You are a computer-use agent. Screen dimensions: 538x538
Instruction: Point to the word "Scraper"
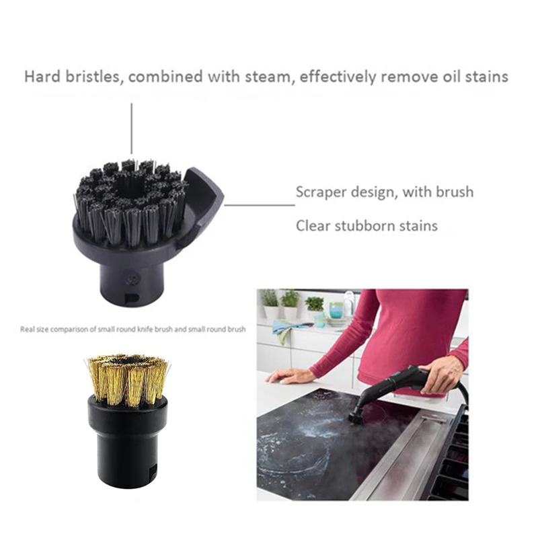coord(325,192)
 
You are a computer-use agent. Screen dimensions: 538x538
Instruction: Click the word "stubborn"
coord(371,225)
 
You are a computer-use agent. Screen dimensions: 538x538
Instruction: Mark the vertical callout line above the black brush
coord(132,128)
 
